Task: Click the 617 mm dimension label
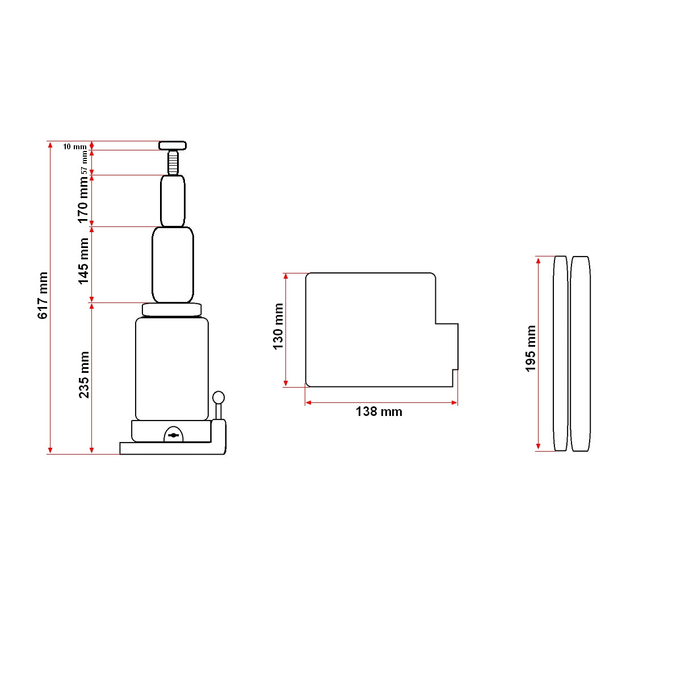[43, 295]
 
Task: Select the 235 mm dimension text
[84, 375]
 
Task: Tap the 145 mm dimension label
[84, 261]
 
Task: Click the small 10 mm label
[74, 146]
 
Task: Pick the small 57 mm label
[84, 163]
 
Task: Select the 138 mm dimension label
[379, 412]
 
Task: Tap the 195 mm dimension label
[531, 348]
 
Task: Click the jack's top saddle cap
[173, 145]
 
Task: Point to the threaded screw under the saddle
[173, 163]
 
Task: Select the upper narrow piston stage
[173, 201]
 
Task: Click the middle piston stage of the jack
[173, 264]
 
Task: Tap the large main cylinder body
[171, 369]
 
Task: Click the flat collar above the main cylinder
[171, 309]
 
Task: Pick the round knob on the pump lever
[218, 397]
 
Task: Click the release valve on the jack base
[174, 435]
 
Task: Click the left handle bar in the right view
[560, 354]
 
